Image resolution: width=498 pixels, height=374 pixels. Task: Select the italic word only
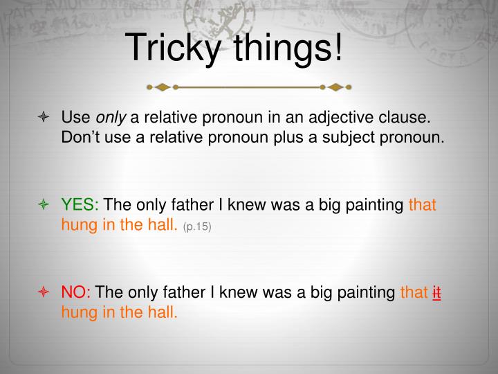[106, 117]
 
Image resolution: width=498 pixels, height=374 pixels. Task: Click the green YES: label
[80, 205]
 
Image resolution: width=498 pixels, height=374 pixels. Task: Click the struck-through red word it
[437, 293]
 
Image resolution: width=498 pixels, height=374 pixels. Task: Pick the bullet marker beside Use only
[43, 117]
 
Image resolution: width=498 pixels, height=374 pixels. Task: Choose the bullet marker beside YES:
[43, 205]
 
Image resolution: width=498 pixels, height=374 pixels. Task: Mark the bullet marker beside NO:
[43, 293]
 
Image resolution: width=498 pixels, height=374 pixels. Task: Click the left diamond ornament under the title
[163, 87]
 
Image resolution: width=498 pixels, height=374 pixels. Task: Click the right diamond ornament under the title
[335, 87]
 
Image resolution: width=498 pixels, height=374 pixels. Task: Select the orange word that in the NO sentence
[414, 293]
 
